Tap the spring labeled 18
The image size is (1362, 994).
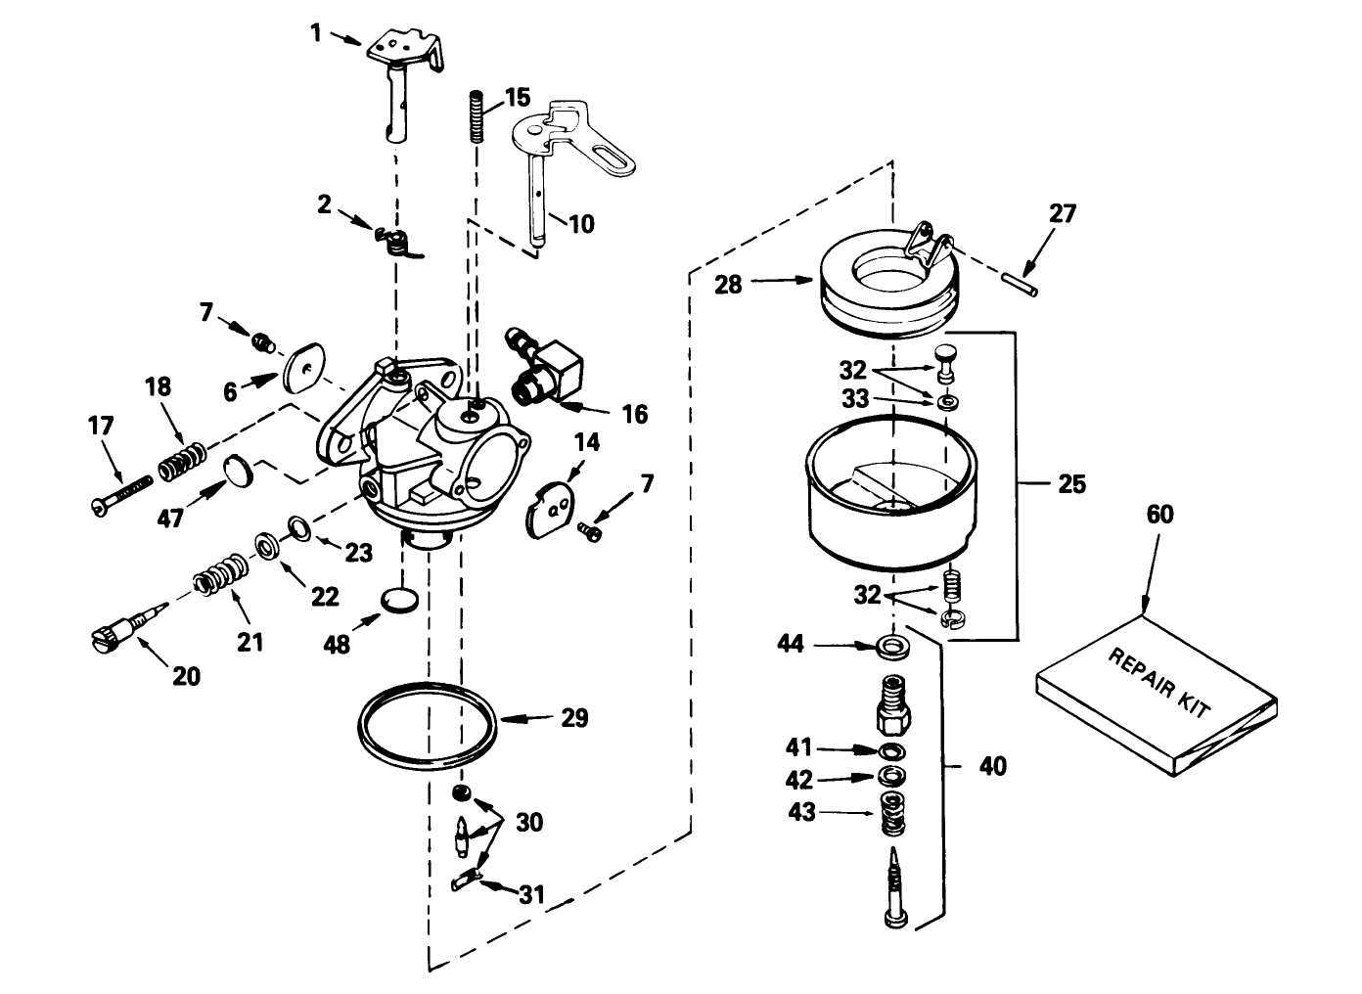[x=183, y=461]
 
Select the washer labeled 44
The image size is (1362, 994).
[x=890, y=645]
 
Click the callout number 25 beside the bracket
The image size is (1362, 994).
[x=1071, y=484]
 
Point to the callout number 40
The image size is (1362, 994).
[x=991, y=765]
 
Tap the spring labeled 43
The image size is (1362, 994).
[x=890, y=814]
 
